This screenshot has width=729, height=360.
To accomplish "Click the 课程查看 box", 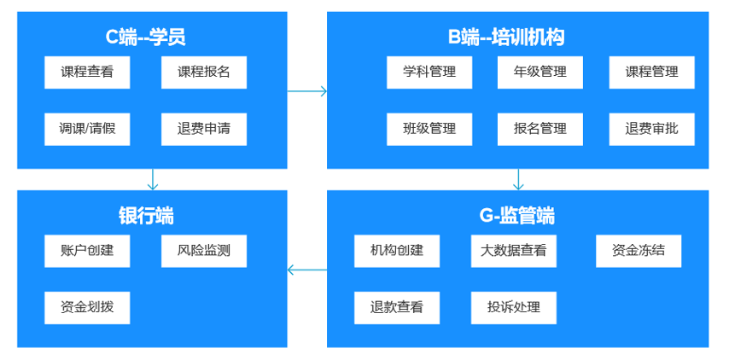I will (87, 73).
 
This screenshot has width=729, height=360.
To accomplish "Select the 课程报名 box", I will (204, 73).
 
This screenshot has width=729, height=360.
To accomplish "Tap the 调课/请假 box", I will (87, 129).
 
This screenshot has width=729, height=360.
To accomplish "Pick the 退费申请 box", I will (204, 129).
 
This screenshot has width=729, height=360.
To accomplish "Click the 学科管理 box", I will (429, 73).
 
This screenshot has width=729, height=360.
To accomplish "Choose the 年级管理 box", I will (540, 73).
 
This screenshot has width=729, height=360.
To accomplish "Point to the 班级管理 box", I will (429, 129).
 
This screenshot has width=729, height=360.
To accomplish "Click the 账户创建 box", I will (87, 251).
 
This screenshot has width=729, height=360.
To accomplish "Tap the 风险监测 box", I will (204, 251).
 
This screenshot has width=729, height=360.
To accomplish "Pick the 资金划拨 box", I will (87, 307).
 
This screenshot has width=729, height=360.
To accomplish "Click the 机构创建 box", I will (397, 251).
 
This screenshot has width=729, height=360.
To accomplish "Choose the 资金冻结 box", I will (639, 251).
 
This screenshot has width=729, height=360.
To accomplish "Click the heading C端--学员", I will (145, 37).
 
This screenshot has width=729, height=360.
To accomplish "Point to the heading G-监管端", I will (517, 216).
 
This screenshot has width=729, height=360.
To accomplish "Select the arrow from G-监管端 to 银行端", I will (307, 270).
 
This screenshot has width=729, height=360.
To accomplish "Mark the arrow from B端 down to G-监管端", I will (518, 179).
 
